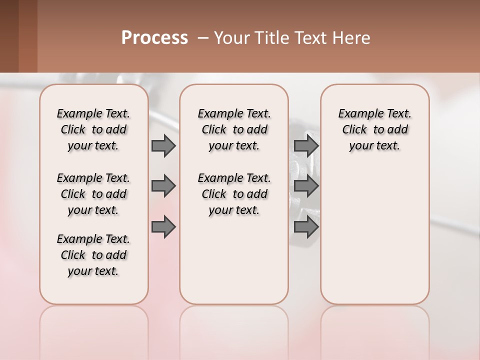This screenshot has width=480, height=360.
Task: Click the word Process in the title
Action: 154,38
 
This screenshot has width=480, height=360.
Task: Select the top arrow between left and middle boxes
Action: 163,145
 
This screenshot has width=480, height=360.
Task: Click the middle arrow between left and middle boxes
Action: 163,186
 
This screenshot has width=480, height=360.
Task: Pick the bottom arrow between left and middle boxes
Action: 163,227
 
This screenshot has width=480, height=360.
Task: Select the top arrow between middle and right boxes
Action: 306,145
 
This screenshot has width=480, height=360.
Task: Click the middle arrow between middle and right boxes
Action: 306,186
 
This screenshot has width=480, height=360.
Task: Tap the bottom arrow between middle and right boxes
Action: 306,227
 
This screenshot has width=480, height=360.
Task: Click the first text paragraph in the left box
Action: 93,129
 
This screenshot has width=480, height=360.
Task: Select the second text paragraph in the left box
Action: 93,194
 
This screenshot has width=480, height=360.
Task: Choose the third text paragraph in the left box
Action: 93,255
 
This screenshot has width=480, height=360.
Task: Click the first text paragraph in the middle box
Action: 234,129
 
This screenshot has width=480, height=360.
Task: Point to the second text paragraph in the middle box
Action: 234,194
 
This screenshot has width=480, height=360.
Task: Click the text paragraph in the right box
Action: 374,129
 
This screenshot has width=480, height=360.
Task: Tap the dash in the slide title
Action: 203,38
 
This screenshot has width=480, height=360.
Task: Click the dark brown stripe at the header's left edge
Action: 9,36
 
